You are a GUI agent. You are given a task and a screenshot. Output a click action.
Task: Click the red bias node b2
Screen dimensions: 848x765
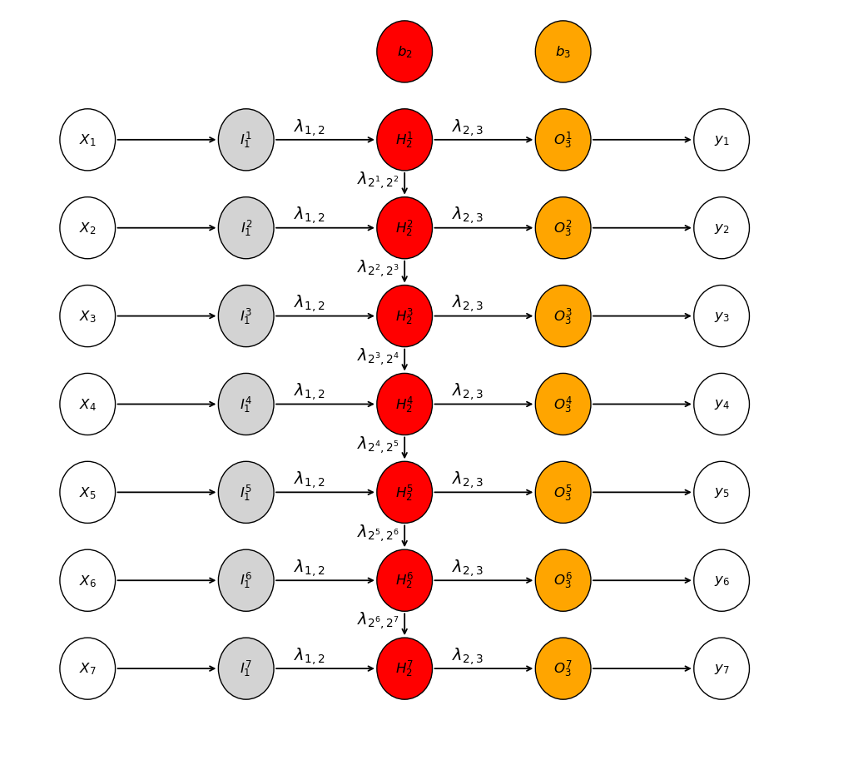click(404, 52)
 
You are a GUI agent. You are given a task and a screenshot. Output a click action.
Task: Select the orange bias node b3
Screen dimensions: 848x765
click(563, 52)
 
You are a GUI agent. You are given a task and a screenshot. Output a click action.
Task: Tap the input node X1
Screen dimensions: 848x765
click(87, 140)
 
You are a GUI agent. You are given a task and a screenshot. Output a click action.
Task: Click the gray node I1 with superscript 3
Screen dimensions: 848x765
click(246, 316)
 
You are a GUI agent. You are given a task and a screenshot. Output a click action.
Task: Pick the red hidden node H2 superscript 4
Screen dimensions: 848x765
click(404, 404)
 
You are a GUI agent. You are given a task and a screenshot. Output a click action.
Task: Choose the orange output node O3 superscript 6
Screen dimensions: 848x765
click(563, 580)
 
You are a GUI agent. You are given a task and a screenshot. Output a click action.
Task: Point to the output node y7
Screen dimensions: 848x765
click(722, 668)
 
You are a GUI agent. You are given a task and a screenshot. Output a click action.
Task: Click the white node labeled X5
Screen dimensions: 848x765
click(87, 492)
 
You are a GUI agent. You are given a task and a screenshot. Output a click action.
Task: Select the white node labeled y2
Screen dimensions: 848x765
click(722, 228)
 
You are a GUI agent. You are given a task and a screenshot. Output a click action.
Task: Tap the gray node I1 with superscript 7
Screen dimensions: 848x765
click(246, 668)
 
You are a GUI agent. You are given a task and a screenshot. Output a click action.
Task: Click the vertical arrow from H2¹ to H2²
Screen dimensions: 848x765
click(404, 183)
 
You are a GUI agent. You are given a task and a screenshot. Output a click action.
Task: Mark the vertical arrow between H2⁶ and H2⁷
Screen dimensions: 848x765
click(404, 623)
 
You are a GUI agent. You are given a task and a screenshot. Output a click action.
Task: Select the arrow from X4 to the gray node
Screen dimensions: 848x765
click(166, 404)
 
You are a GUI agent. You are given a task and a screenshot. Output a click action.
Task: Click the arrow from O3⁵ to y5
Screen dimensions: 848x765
click(642, 492)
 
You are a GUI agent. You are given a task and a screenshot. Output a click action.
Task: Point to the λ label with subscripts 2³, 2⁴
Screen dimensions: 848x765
click(378, 356)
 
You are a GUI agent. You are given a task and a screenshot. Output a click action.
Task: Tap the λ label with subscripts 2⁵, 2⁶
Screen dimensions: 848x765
click(378, 533)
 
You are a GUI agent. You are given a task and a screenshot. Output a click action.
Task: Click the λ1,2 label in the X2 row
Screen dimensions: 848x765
click(310, 215)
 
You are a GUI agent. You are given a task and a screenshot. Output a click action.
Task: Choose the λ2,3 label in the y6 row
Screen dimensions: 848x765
click(468, 568)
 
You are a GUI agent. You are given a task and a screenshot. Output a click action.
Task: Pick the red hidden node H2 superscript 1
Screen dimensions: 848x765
click(404, 140)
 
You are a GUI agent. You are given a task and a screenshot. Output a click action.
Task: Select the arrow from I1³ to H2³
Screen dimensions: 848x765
click(325, 316)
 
